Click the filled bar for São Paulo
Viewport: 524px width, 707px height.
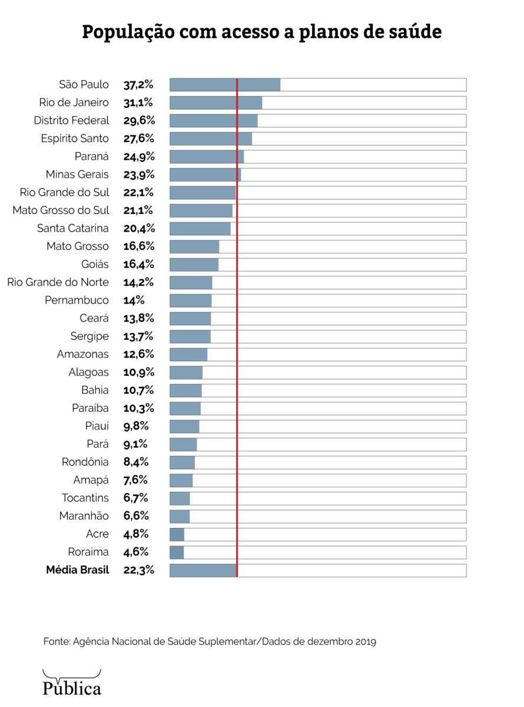225,85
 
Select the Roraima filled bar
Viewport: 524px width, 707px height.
177,552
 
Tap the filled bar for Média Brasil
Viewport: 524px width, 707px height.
203,570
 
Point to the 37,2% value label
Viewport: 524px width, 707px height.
139,85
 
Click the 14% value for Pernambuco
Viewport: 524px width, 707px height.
134,300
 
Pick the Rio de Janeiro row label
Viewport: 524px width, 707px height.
74,103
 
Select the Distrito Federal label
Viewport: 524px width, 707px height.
71,121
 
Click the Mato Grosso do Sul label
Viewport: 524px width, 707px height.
61,210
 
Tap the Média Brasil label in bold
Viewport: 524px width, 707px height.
77,570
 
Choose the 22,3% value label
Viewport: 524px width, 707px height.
139,570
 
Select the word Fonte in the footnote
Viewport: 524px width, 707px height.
56,641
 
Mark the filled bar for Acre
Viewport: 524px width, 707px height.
177,534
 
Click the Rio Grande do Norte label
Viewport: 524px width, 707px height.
58,282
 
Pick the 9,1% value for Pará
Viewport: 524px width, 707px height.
135,444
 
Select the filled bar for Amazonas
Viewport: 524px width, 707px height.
188,354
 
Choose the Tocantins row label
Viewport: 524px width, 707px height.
85,498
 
